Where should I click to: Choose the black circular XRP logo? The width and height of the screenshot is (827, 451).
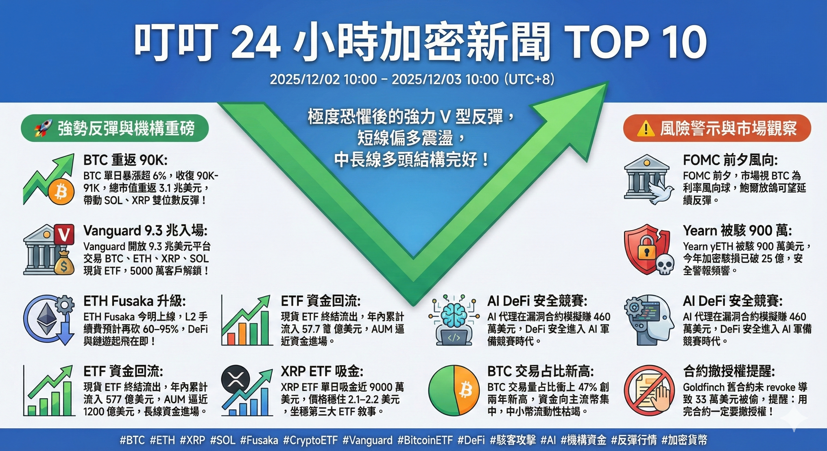(x=235, y=380)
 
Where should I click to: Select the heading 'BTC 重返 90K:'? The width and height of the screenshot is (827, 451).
(x=125, y=159)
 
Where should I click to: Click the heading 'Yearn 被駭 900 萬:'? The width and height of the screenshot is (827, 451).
(x=737, y=230)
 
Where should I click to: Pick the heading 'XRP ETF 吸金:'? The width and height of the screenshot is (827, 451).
(x=322, y=371)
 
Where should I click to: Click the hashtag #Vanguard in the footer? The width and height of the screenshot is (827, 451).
(x=367, y=440)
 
